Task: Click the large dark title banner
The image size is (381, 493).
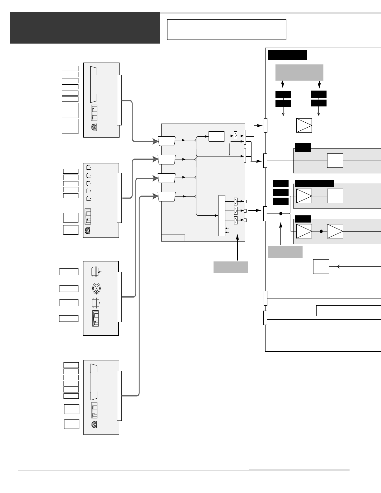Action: (85, 28)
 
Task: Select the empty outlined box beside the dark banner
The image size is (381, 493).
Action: (226, 30)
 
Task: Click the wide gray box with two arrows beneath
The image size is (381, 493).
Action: (299, 73)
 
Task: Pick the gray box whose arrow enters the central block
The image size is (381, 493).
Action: (230, 267)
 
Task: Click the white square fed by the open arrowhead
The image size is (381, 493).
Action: (321, 266)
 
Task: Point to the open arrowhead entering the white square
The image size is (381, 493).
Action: (338, 266)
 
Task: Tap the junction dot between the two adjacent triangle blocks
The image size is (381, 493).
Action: (321, 231)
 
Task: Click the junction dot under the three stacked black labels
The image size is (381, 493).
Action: (280, 214)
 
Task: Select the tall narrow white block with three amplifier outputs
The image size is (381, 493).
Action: (222, 216)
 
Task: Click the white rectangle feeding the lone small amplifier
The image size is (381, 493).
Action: (216, 136)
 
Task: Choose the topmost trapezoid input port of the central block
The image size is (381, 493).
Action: (167, 141)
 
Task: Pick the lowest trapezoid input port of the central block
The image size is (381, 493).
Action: (167, 197)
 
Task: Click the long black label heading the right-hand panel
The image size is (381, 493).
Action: (287, 54)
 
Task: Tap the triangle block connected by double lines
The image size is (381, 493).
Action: (304, 125)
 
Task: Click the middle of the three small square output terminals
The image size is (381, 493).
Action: (245, 211)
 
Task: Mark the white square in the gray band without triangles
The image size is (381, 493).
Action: (335, 161)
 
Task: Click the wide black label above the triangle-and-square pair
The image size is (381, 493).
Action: (314, 184)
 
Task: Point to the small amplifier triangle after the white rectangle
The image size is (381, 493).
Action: (236, 136)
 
